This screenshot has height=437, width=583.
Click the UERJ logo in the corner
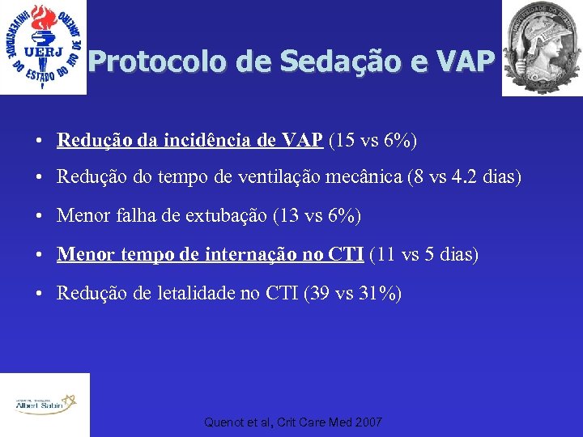click(43, 47)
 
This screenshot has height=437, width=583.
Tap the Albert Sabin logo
click(44, 404)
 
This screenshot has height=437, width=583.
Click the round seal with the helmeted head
click(542, 47)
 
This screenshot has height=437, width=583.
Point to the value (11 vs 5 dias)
click(424, 255)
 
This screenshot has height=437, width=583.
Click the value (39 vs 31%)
click(352, 293)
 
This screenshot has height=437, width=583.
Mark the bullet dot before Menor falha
click(39, 217)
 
